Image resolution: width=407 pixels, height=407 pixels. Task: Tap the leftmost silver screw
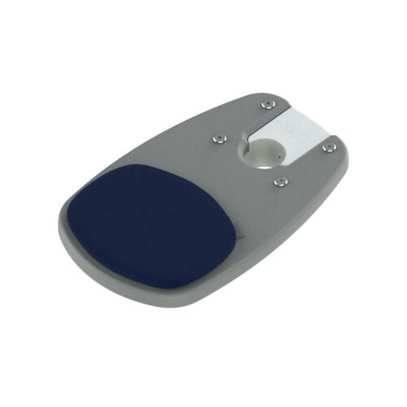[x=217, y=138]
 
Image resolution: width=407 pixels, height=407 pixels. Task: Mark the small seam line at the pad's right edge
[x=241, y=237]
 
